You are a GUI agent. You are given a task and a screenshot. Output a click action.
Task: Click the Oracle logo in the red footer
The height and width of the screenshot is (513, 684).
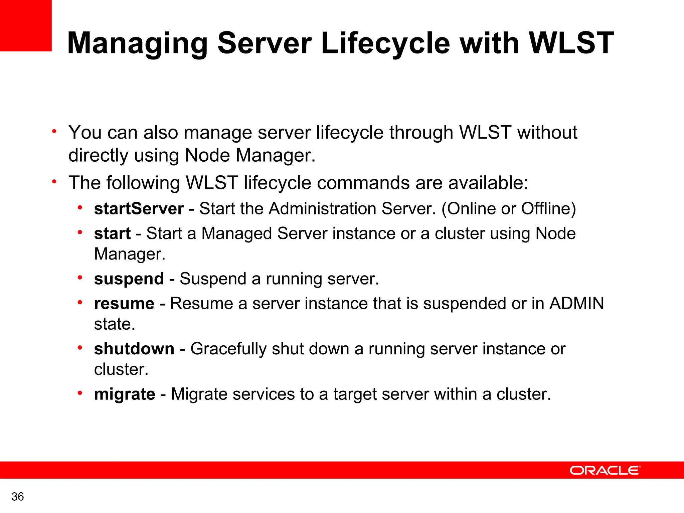(605, 470)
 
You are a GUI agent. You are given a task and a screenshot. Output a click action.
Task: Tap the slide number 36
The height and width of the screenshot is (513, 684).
(18, 497)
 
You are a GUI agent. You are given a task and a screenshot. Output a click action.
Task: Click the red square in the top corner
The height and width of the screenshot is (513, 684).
(26, 25)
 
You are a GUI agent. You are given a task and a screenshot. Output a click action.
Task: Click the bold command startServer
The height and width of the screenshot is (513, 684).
(139, 209)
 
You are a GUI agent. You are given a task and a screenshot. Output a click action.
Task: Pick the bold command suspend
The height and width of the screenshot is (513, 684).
(129, 279)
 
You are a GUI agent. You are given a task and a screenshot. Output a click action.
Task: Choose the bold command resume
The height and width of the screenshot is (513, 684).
(124, 304)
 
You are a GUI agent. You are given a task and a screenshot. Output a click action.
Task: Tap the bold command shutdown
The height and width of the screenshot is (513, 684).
(134, 349)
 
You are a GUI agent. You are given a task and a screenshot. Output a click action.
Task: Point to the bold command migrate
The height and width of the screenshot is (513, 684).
(125, 394)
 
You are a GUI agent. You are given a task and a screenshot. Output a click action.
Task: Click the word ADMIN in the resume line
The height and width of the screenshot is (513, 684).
(576, 304)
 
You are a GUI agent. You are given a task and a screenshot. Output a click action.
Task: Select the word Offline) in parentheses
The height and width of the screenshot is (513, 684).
(548, 209)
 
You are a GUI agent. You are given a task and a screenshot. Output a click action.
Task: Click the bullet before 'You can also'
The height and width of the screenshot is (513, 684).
(54, 131)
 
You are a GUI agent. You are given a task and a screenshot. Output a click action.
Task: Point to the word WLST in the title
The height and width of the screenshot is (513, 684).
(571, 43)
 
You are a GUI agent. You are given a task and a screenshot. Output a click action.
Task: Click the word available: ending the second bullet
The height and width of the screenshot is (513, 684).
(488, 183)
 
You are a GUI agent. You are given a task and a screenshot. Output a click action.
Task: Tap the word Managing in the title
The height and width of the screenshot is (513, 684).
(138, 43)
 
